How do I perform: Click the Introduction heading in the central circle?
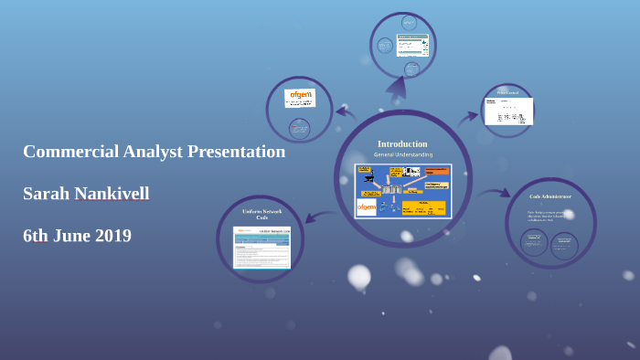(402, 143)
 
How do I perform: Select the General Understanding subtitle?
(402, 154)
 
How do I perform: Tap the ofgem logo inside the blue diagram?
(367, 207)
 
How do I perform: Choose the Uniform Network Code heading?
(261, 214)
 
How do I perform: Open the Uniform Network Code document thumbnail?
(261, 248)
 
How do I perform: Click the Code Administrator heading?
(550, 196)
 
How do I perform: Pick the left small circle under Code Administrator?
(534, 243)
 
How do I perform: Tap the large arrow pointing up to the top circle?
(396, 88)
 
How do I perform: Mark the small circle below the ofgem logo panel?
(299, 127)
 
